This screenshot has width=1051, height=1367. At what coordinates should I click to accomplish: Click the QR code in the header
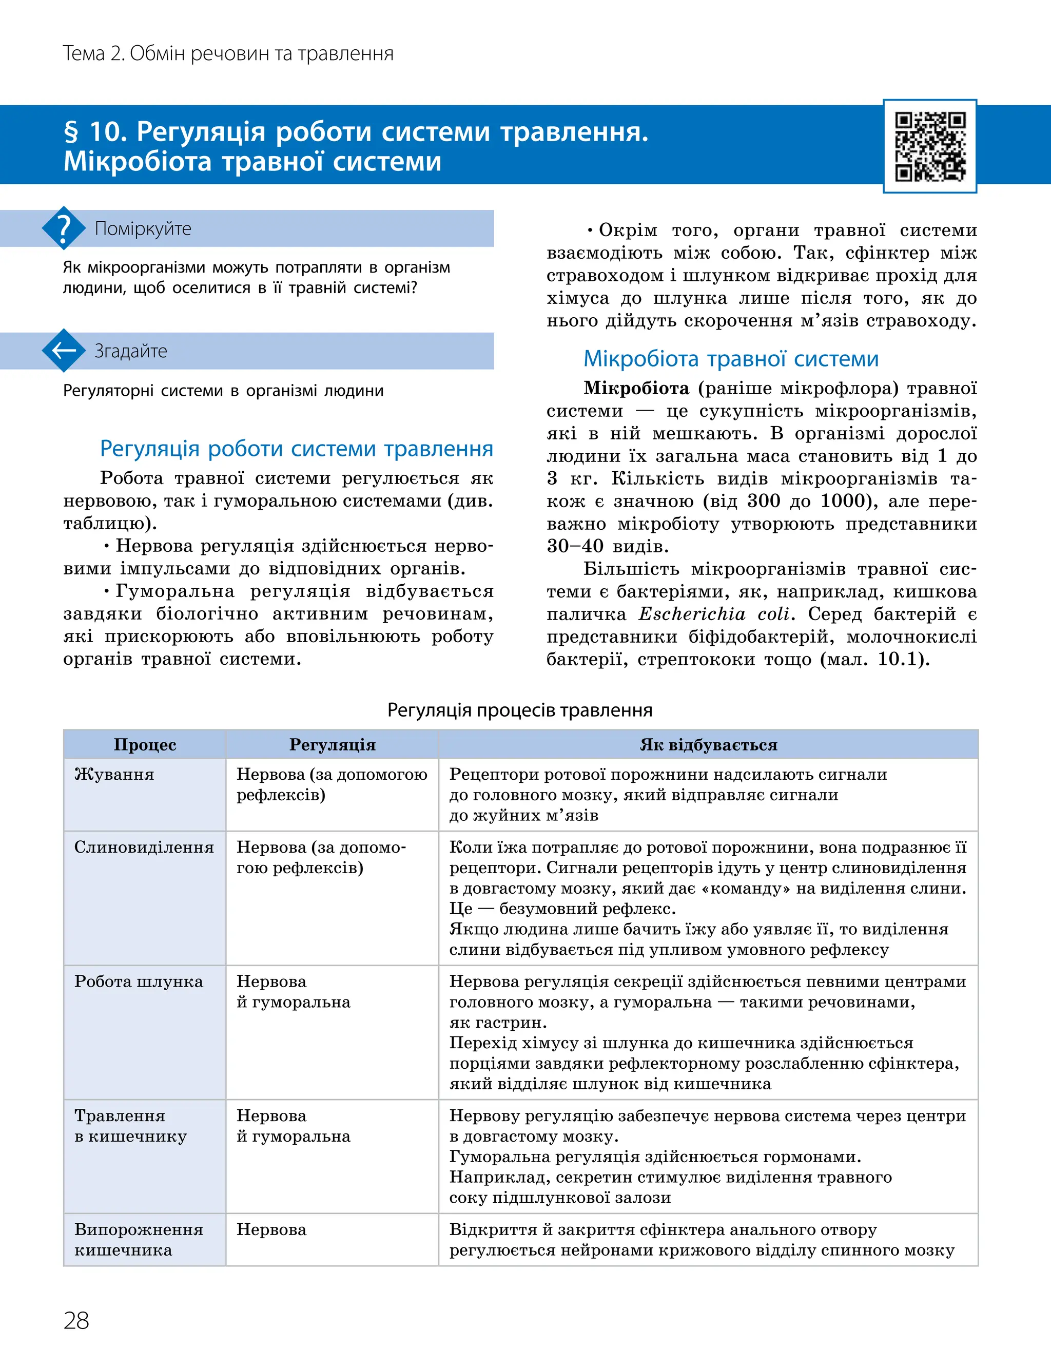(x=930, y=146)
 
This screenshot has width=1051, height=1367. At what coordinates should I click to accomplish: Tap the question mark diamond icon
(x=63, y=228)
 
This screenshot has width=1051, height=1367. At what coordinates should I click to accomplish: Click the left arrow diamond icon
(x=63, y=351)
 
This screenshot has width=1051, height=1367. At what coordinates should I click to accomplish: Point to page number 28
(x=76, y=1320)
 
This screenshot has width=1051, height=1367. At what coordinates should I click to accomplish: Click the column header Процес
(x=145, y=744)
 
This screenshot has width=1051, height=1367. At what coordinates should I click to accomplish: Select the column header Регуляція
(x=332, y=744)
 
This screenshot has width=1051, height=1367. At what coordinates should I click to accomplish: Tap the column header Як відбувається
(x=708, y=744)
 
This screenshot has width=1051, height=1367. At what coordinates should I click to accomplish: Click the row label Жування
(x=114, y=775)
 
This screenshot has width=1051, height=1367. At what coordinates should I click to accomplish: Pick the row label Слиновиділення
(x=144, y=847)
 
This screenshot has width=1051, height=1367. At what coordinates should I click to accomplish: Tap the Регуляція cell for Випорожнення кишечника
(x=271, y=1229)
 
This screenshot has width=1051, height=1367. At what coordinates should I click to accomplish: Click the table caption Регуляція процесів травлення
(x=520, y=710)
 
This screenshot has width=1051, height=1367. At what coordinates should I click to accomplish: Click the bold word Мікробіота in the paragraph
(x=636, y=389)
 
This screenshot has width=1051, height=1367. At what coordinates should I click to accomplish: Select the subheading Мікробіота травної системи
(x=731, y=358)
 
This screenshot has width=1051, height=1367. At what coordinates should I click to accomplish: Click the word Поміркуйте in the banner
(x=143, y=228)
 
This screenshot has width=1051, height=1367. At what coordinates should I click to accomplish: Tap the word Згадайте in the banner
(x=131, y=351)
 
